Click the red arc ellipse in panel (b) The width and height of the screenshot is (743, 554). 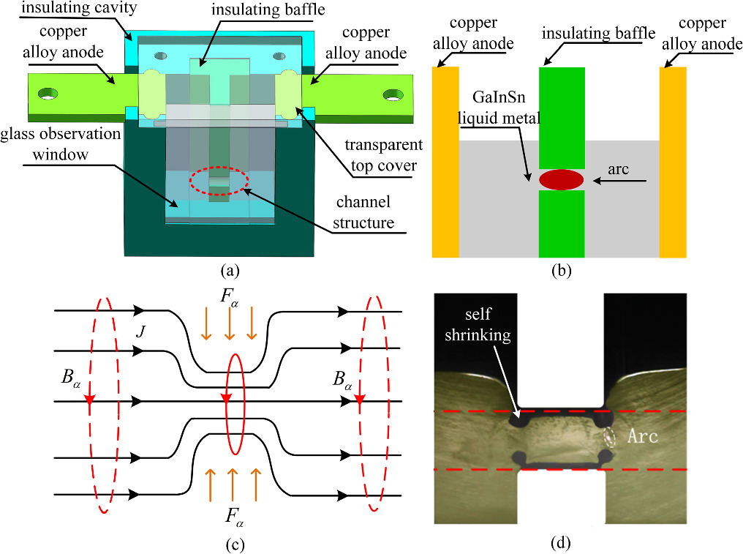pos(561,179)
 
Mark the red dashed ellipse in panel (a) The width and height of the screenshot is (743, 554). pos(219,182)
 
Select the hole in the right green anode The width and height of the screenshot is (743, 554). pos(393,95)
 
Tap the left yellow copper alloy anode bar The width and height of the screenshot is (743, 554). pos(445,162)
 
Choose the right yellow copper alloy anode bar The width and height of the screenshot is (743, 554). pos(673,162)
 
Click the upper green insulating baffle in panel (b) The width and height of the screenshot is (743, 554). pos(562,117)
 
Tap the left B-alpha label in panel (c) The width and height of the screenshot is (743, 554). pos(72,381)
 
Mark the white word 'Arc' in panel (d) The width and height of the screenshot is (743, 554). pos(644,437)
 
